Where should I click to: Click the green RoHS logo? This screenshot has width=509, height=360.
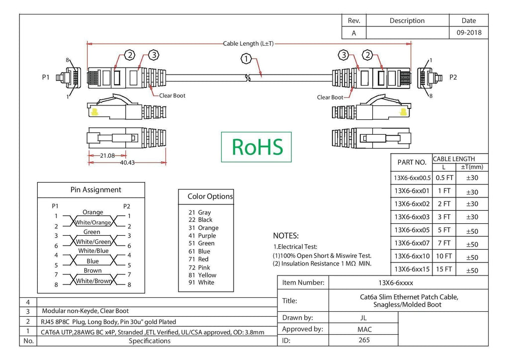point(256,147)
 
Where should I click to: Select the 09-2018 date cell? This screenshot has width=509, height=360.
point(469,32)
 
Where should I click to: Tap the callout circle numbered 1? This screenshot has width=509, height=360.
point(246,59)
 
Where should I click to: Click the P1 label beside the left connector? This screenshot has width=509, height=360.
point(46,77)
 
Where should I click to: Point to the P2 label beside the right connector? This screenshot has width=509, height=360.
point(453,77)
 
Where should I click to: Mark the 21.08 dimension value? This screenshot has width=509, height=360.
point(107,156)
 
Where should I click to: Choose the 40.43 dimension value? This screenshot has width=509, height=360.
point(127,162)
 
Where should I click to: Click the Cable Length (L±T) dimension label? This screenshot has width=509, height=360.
point(249,43)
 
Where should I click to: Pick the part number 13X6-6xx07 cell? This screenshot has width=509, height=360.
point(412,243)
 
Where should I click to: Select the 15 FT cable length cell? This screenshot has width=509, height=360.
point(444,269)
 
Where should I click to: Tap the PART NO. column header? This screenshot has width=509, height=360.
point(412,162)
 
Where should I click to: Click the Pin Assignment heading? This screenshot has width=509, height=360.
point(96,190)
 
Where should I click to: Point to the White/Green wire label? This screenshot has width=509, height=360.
point(93,242)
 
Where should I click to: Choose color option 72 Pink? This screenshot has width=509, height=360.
point(199,268)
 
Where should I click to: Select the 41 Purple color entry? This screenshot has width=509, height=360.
point(202,236)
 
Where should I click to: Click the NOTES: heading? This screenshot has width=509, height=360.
point(286,236)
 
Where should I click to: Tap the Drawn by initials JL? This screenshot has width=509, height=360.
point(363,318)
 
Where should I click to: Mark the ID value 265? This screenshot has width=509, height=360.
point(364,340)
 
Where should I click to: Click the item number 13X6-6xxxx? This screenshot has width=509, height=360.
point(396,283)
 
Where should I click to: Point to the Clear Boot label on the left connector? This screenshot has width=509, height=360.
point(172,95)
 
